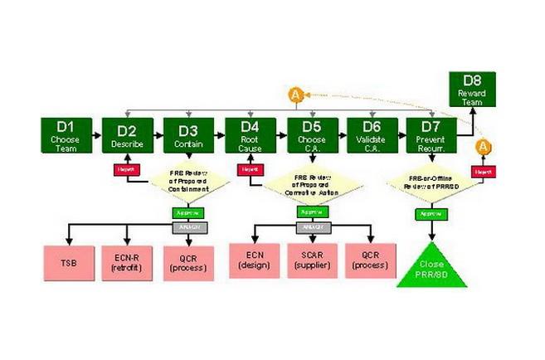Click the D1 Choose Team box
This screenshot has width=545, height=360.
(65, 133)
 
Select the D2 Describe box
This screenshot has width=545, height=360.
(126, 133)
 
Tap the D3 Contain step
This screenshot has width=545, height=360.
(187, 133)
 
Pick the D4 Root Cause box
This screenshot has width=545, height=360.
(250, 133)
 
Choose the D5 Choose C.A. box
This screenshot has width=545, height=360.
(311, 133)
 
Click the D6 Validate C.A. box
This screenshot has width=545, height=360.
(372, 133)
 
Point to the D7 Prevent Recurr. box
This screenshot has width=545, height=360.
(433, 133)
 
